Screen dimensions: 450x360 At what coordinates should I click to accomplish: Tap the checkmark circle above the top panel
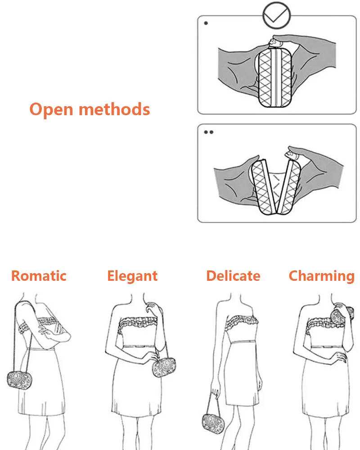pyautogui.click(x=276, y=15)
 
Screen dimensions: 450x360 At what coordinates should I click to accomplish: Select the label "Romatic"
pyautogui.click(x=39, y=275)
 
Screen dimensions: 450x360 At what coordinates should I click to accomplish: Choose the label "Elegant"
pyautogui.click(x=132, y=275)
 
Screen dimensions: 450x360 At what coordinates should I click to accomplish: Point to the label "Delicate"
pyautogui.click(x=233, y=275)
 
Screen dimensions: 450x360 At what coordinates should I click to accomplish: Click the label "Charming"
pyautogui.click(x=321, y=275)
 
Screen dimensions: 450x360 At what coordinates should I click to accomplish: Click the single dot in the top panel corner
pyautogui.click(x=206, y=22)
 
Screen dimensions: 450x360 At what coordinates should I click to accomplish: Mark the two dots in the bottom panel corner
pyautogui.click(x=208, y=132)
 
